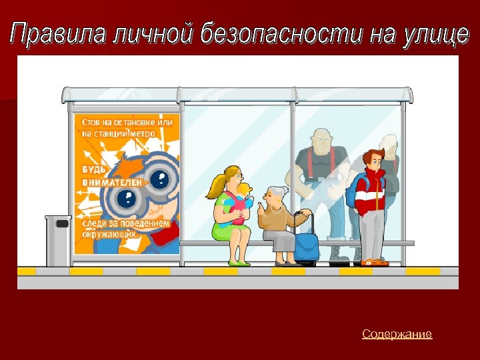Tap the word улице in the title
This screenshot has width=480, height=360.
pos(437,34)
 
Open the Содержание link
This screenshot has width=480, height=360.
pos(397,334)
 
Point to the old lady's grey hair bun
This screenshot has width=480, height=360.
pos(285,191)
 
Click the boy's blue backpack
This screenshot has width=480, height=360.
pos(353,190)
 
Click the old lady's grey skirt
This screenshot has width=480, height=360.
pos(280,240)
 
